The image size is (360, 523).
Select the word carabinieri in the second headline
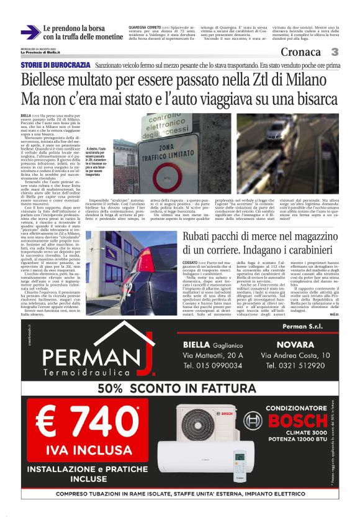pyautogui.click(x=307, y=250)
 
